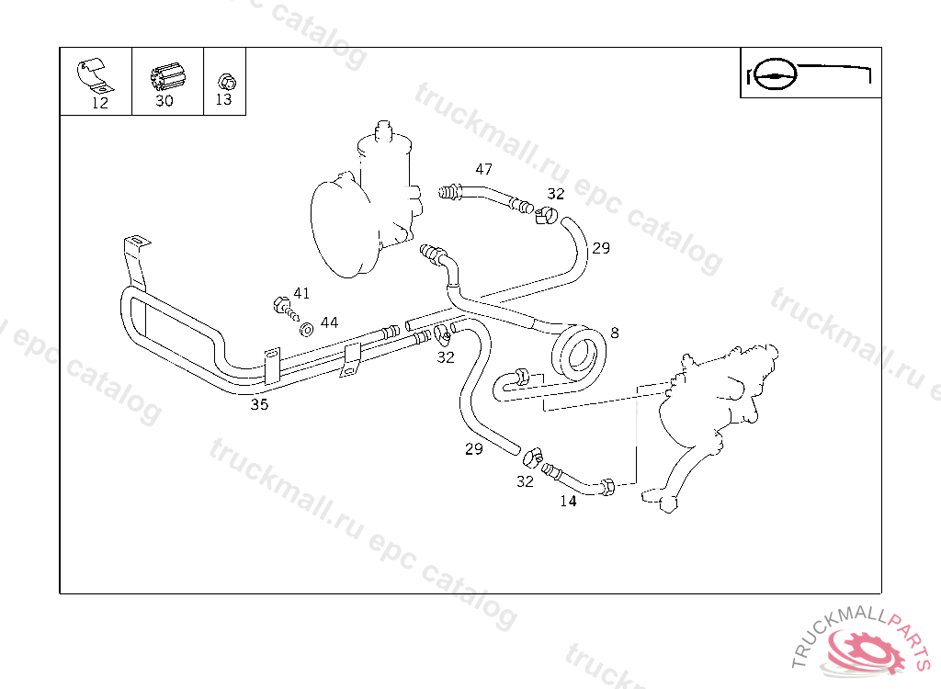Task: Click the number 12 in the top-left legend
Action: click(100, 103)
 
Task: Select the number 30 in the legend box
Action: click(164, 101)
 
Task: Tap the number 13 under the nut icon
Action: click(223, 100)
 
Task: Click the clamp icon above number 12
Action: click(92, 76)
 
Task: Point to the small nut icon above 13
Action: click(225, 80)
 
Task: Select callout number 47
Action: click(483, 169)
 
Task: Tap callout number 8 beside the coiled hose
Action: click(614, 333)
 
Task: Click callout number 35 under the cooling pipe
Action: click(260, 404)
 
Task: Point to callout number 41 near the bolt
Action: click(301, 293)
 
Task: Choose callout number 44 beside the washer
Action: click(329, 322)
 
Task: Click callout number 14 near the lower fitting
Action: click(568, 501)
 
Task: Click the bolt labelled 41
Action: click(282, 305)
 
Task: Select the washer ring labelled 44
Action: click(306, 327)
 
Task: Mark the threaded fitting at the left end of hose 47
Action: click(449, 193)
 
